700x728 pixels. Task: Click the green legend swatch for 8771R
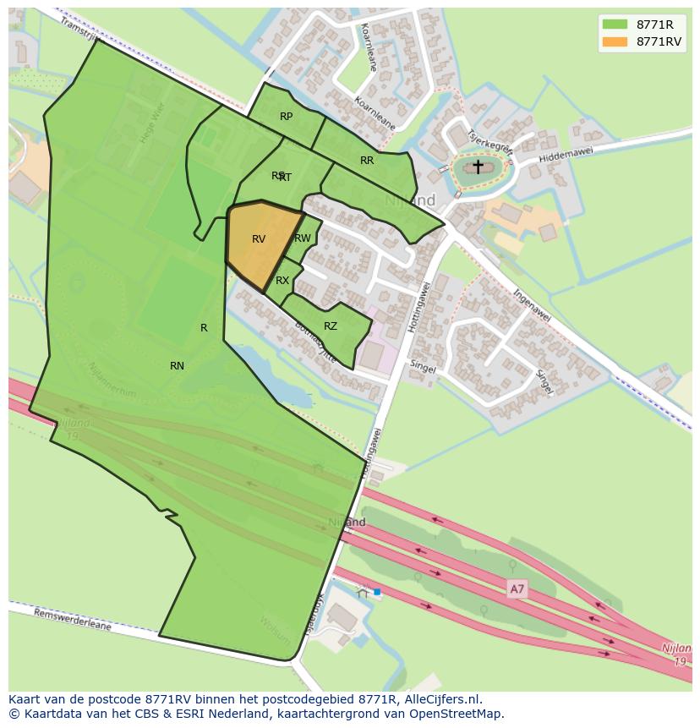coord(615,25)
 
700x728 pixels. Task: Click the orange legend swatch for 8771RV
coord(615,41)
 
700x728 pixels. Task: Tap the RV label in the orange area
coord(259,239)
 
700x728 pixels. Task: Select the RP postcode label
coord(286,117)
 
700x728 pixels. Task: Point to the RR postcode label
coord(367,161)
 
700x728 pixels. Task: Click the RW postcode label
coord(303,238)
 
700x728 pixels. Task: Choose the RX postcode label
coord(282,281)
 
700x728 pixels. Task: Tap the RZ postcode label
coord(331,326)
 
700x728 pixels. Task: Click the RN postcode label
coord(177,366)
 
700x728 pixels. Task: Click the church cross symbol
coord(478,167)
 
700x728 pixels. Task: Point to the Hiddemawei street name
coord(566,152)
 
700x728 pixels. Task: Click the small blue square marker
coord(377,592)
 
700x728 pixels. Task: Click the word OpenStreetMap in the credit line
coord(457,714)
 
